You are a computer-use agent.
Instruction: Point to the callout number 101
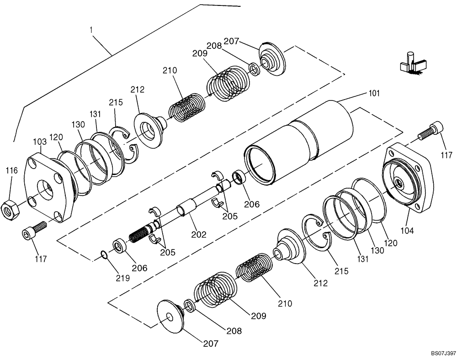[x=374, y=94]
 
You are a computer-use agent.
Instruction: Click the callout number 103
[x=40, y=142]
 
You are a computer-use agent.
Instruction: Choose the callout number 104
[x=407, y=231]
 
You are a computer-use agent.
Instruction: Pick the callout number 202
[x=199, y=235]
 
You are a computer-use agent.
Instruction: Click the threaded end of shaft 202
[x=139, y=234]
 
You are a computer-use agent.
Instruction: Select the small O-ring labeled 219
[x=105, y=254]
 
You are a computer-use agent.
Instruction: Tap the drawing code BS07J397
[x=442, y=354]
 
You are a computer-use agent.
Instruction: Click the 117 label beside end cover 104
[x=447, y=156]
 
